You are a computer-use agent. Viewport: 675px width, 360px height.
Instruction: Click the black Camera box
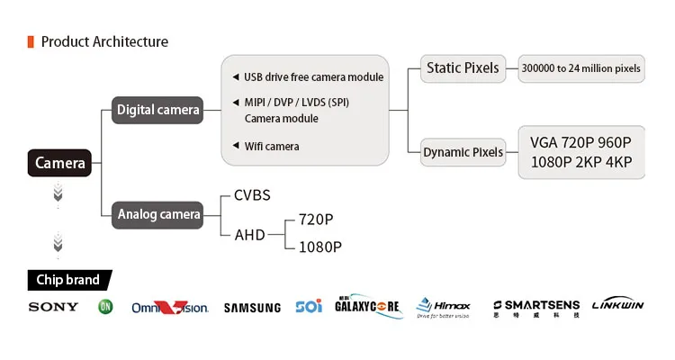59,163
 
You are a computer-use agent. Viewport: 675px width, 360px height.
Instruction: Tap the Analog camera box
157,214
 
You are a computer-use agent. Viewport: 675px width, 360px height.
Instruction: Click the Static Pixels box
463,68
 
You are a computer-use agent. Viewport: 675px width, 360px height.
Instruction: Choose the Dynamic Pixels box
463,152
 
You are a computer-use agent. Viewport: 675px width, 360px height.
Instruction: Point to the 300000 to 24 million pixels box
581,68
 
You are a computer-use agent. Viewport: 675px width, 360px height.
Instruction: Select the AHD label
249,235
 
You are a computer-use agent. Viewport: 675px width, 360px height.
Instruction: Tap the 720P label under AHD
315,219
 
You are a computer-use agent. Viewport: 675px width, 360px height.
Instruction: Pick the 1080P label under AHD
320,247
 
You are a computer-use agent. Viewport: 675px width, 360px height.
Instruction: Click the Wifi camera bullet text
272,146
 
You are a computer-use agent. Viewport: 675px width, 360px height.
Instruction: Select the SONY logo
53,307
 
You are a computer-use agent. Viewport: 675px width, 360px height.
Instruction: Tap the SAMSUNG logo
252,308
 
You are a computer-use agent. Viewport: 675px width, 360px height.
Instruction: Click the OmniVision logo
170,308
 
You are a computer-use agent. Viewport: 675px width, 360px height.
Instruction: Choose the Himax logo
443,308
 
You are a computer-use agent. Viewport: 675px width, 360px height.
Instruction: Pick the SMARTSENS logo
536,307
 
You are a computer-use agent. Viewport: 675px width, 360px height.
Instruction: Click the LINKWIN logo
617,306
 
